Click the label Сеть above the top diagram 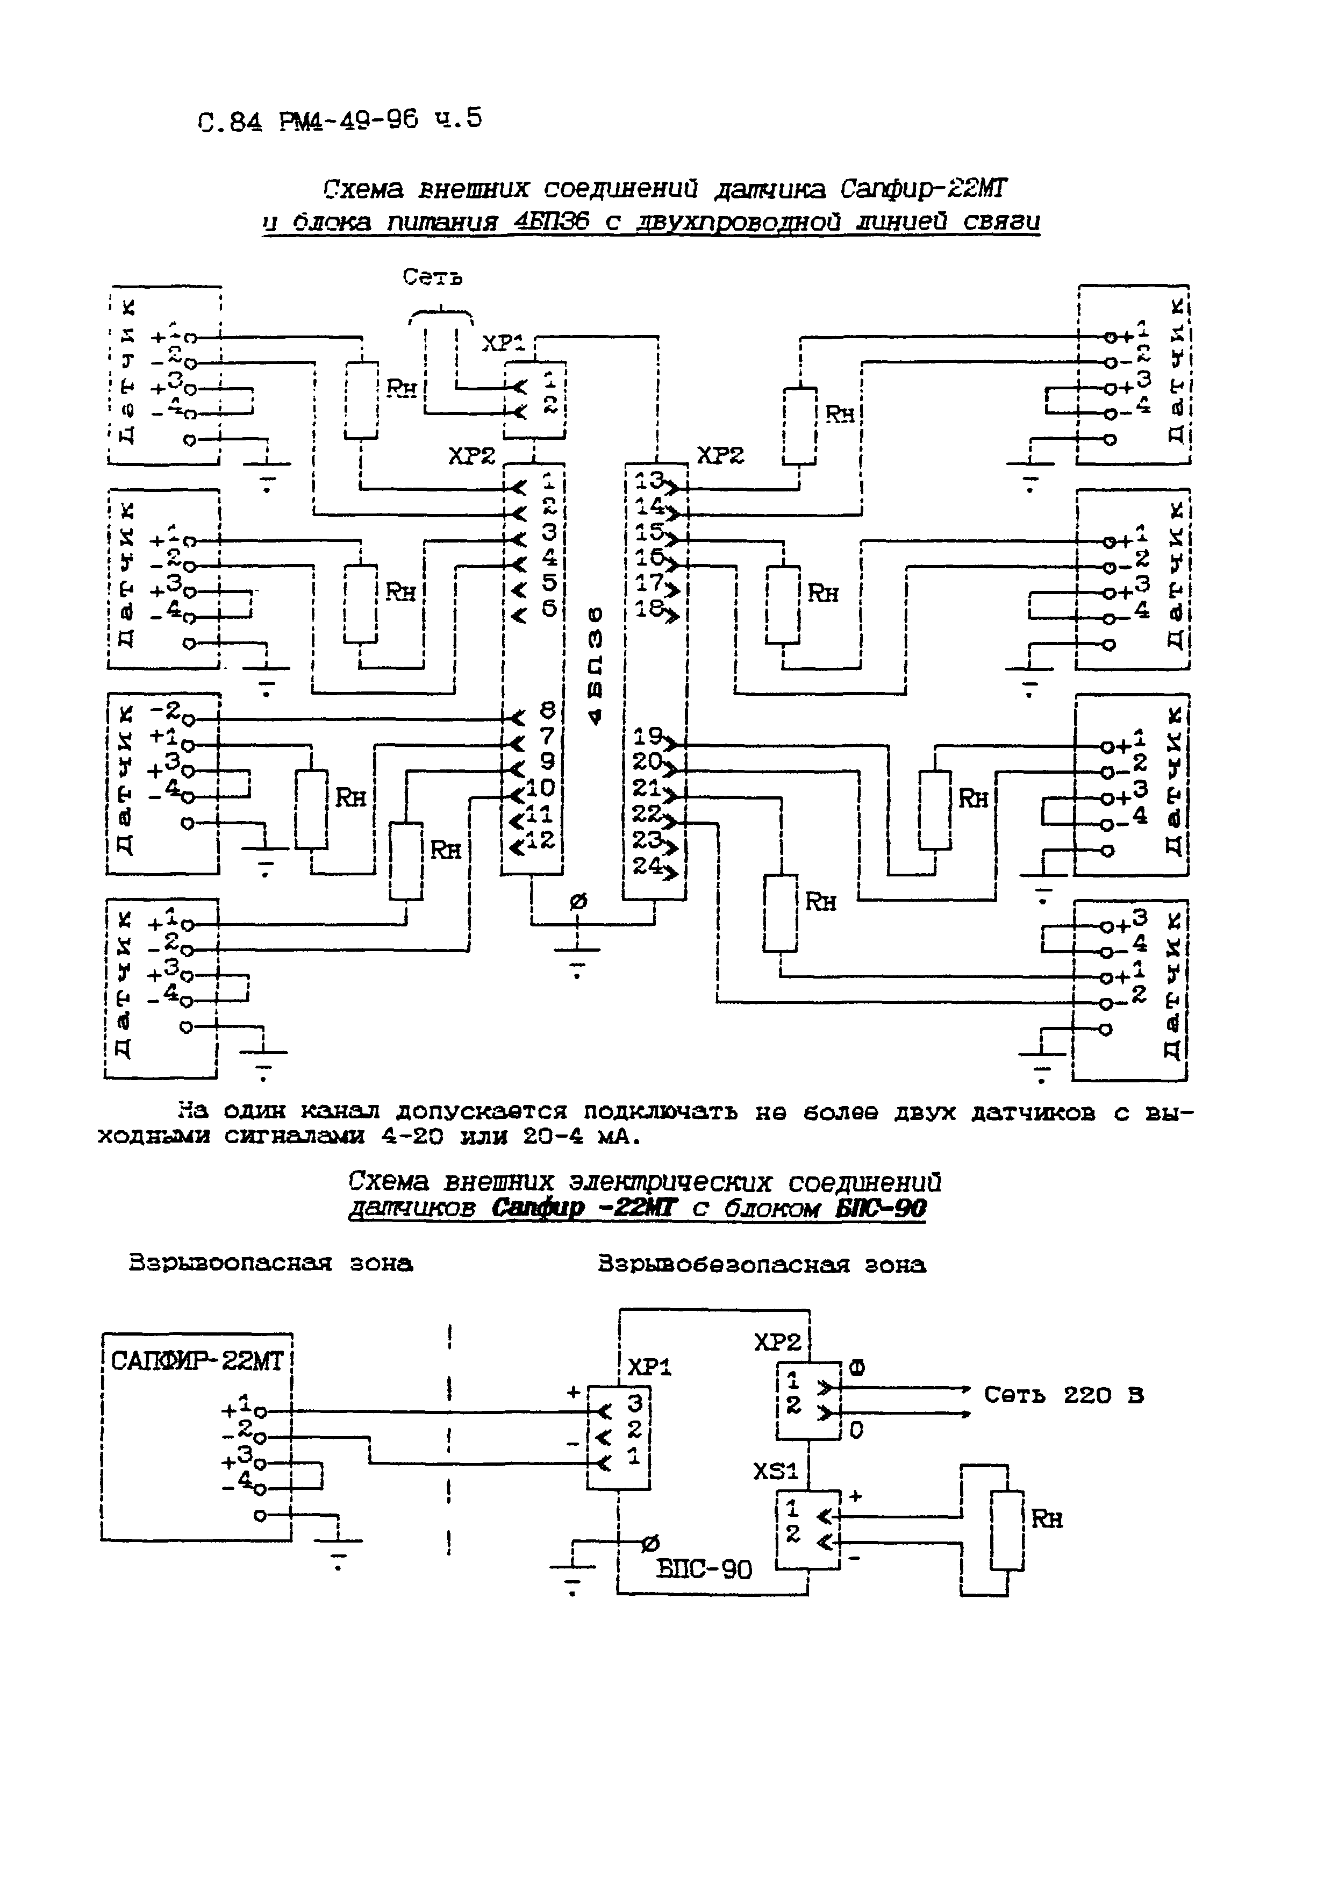click(x=432, y=278)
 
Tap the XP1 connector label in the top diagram click(x=503, y=343)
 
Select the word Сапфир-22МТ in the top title click(x=924, y=190)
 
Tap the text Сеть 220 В click(x=1064, y=1395)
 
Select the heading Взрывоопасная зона click(x=271, y=1263)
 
